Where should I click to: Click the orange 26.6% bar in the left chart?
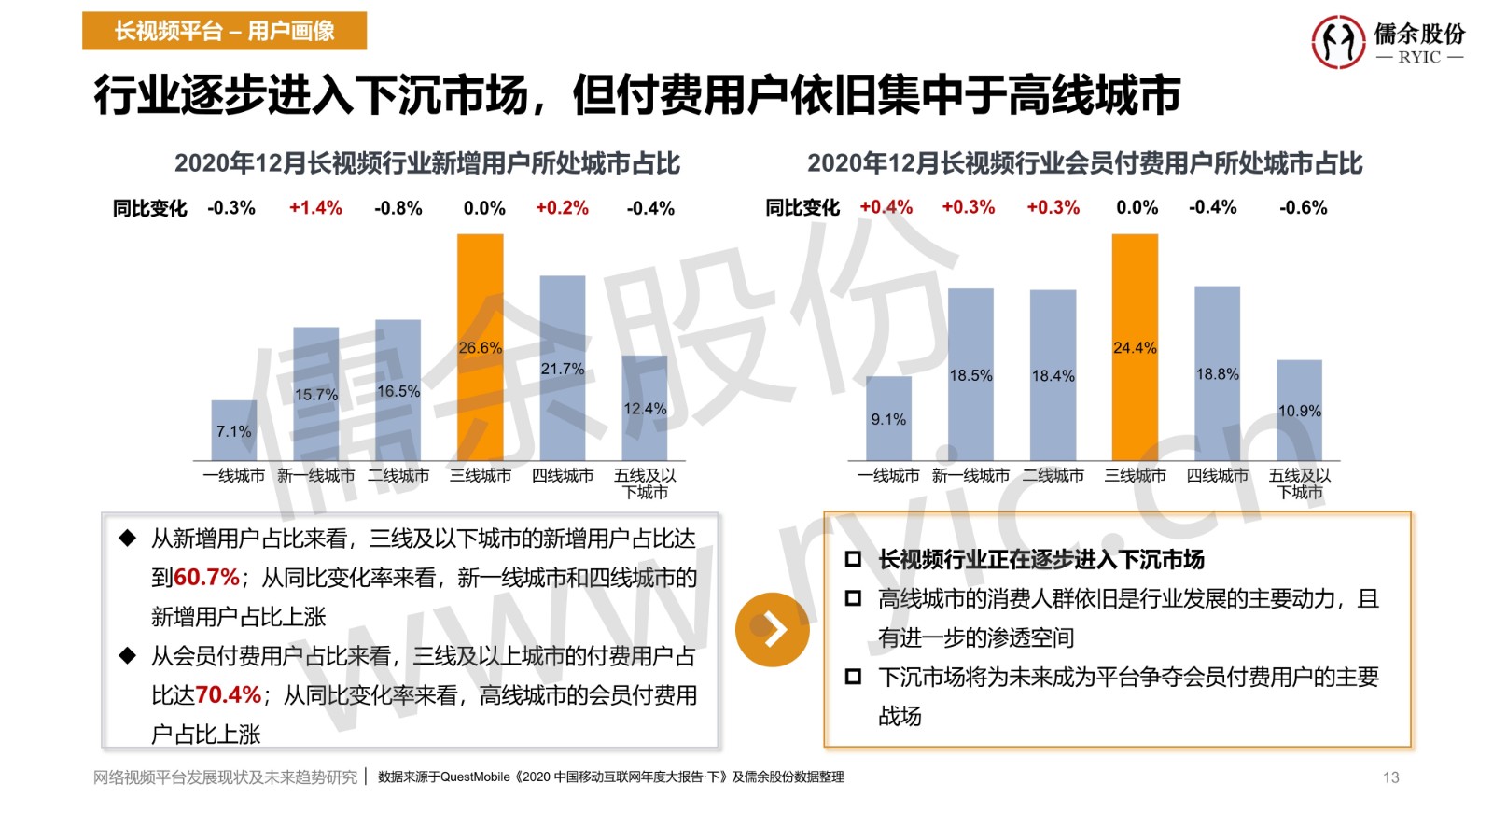(x=480, y=347)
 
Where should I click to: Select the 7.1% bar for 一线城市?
(x=233, y=430)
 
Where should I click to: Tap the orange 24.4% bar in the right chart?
(x=1135, y=347)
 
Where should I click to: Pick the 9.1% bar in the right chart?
(x=888, y=419)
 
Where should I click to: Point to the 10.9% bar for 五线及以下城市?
(x=1299, y=411)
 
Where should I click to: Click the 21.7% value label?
(x=563, y=370)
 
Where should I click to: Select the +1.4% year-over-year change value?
(x=315, y=208)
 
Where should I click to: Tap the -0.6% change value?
(x=1303, y=208)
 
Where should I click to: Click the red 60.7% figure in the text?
(x=207, y=578)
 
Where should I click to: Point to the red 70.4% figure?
(x=229, y=695)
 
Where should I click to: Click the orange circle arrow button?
(x=773, y=630)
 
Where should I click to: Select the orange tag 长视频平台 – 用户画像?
(x=224, y=31)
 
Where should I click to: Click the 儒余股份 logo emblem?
(x=1338, y=42)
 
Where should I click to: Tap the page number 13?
(x=1390, y=777)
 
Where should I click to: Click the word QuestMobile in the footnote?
(x=475, y=777)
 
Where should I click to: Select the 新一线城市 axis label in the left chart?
(x=315, y=476)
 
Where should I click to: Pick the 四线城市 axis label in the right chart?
(x=1217, y=476)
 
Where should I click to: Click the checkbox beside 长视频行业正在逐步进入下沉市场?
(x=853, y=560)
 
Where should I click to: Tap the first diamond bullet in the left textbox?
(x=128, y=539)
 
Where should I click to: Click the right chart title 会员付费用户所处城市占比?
(x=1084, y=163)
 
